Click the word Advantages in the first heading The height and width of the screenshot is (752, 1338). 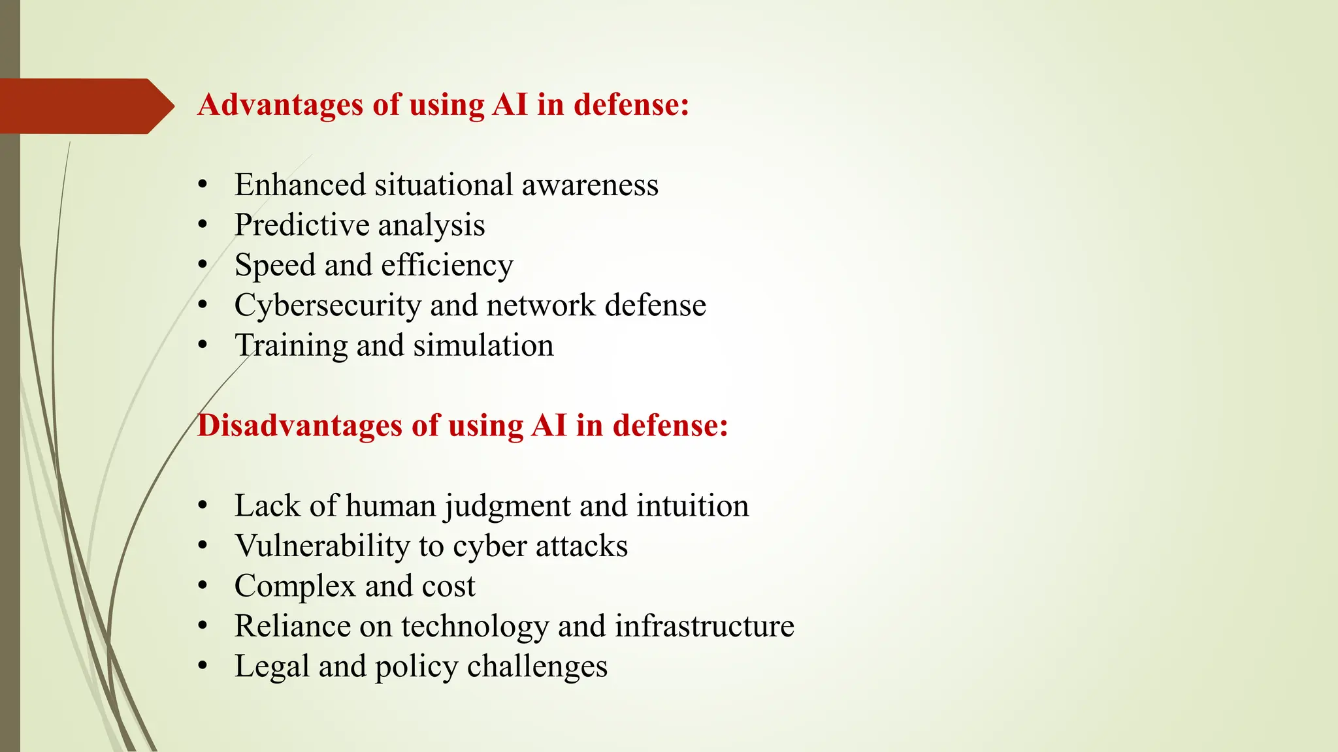280,104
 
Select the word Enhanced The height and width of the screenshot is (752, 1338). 300,185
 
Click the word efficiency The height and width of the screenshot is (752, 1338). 447,266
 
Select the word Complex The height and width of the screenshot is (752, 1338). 295,586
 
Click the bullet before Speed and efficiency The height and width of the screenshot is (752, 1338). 203,266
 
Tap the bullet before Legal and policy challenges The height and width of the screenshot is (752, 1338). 203,666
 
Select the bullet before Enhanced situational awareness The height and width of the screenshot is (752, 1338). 203,185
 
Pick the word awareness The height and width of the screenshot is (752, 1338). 590,185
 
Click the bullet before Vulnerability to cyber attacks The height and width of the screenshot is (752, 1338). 203,546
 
